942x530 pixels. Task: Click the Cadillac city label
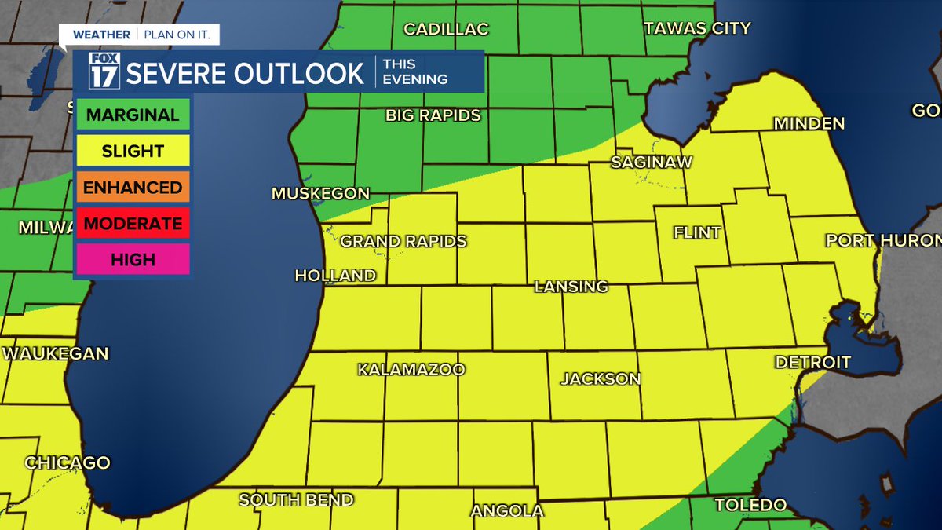[x=446, y=29]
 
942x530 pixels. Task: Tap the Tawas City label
[x=697, y=28]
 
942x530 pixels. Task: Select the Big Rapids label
[x=433, y=115]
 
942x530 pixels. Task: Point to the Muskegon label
[x=320, y=193]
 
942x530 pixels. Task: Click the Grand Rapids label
[x=403, y=241]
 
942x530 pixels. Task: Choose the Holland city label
[x=335, y=276]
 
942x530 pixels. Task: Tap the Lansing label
[x=571, y=287]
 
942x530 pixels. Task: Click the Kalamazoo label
[x=411, y=369]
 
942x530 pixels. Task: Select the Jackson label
[x=601, y=378]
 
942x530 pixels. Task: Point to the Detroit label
[x=812, y=362]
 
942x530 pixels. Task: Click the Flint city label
[x=697, y=233]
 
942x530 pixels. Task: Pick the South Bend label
[x=296, y=500]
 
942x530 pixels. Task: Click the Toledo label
[x=750, y=505]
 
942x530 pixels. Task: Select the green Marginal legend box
[x=133, y=115]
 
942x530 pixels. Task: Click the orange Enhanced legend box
[x=133, y=188]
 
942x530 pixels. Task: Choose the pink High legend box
[x=133, y=260]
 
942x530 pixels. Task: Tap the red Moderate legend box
[x=133, y=224]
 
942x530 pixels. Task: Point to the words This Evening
[x=414, y=72]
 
